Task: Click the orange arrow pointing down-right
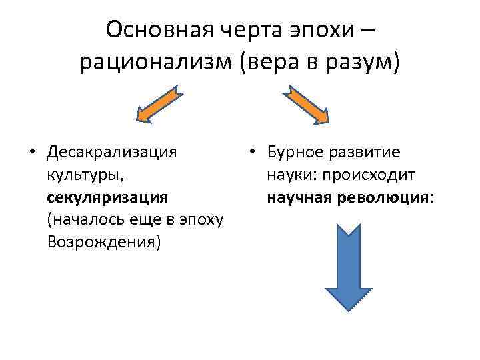click(x=309, y=105)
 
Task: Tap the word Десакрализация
click(x=112, y=151)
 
